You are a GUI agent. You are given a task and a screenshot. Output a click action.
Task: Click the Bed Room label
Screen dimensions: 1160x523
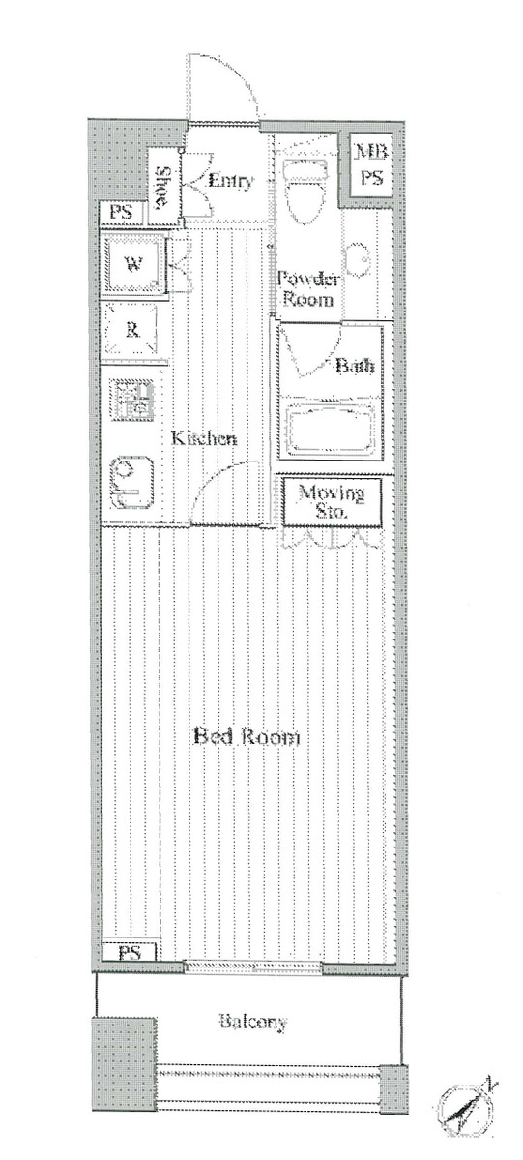pos(247,737)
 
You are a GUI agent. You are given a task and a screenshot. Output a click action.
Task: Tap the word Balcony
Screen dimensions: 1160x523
pos(252,1023)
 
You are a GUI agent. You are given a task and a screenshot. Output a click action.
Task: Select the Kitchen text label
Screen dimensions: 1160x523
pos(204,439)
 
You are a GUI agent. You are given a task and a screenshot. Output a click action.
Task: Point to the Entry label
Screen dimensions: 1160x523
pos(231,181)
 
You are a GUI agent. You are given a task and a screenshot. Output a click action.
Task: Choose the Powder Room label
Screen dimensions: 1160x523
pos(307,289)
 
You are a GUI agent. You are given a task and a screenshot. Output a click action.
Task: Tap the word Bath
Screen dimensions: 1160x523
pos(355,366)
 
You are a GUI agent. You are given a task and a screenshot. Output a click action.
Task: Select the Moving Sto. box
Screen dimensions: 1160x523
pos(331,500)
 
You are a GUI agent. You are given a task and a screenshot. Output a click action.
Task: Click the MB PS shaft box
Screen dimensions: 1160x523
pos(370,164)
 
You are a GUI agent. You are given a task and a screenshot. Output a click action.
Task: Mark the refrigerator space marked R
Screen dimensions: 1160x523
pos(132,330)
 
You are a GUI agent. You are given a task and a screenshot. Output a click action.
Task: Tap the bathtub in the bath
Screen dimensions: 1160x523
pos(330,428)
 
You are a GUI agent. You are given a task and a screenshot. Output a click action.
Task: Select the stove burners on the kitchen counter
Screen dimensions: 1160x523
pos(131,400)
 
